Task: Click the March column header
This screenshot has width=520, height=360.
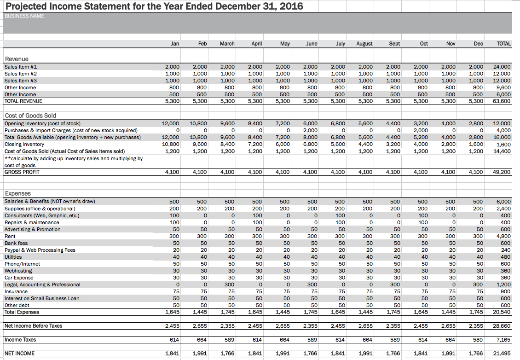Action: [x=227, y=44]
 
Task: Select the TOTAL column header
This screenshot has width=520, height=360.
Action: [x=504, y=44]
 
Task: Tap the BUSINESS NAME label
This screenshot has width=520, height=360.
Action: [x=24, y=16]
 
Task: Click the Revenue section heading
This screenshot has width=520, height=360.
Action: [x=17, y=59]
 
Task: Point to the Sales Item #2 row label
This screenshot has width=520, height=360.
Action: [x=21, y=74]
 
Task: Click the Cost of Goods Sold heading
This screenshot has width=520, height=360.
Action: [x=30, y=116]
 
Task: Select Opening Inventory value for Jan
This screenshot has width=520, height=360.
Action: [x=171, y=124]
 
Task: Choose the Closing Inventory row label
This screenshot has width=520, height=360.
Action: [x=24, y=145]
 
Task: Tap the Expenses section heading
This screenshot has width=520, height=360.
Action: [x=17, y=194]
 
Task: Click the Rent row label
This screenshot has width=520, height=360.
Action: [x=10, y=236]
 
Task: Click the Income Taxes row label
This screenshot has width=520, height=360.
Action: [x=20, y=340]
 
